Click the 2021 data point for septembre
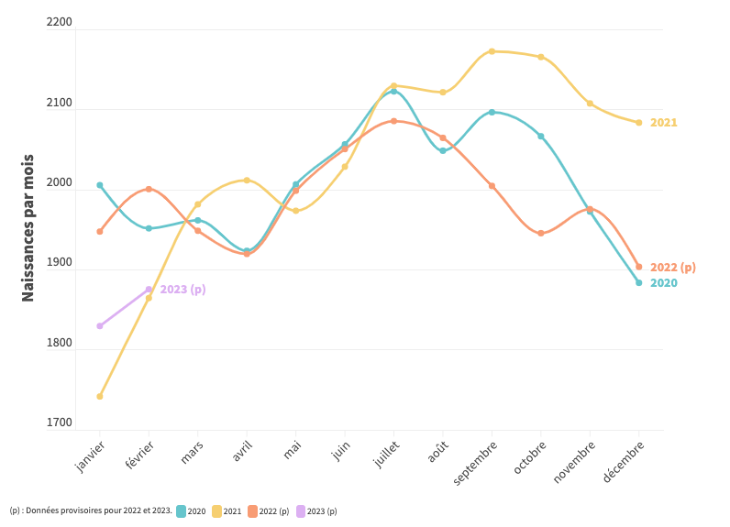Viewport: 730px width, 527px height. click(x=492, y=51)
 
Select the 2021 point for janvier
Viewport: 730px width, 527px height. click(x=100, y=396)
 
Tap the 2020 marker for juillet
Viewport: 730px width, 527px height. click(x=394, y=92)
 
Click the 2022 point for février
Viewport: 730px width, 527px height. click(x=149, y=189)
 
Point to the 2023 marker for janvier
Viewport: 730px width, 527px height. click(x=100, y=325)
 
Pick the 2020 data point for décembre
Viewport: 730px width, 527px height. click(x=639, y=282)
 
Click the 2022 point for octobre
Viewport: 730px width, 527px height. click(x=541, y=233)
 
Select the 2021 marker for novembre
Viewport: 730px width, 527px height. click(x=590, y=104)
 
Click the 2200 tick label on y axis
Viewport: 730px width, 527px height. click(x=59, y=22)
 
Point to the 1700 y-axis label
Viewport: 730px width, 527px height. click(x=59, y=423)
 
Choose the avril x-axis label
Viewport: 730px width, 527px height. click(x=242, y=451)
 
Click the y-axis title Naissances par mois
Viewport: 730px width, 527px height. click(x=28, y=227)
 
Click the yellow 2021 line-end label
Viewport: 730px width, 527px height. click(x=664, y=123)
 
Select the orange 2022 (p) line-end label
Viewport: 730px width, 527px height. click(x=673, y=268)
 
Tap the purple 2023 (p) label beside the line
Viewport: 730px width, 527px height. click(x=182, y=290)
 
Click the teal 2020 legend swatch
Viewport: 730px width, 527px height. click(x=182, y=511)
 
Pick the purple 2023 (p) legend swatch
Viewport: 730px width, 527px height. click(x=301, y=511)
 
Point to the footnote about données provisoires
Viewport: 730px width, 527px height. click(x=91, y=511)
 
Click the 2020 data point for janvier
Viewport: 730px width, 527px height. click(x=100, y=185)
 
